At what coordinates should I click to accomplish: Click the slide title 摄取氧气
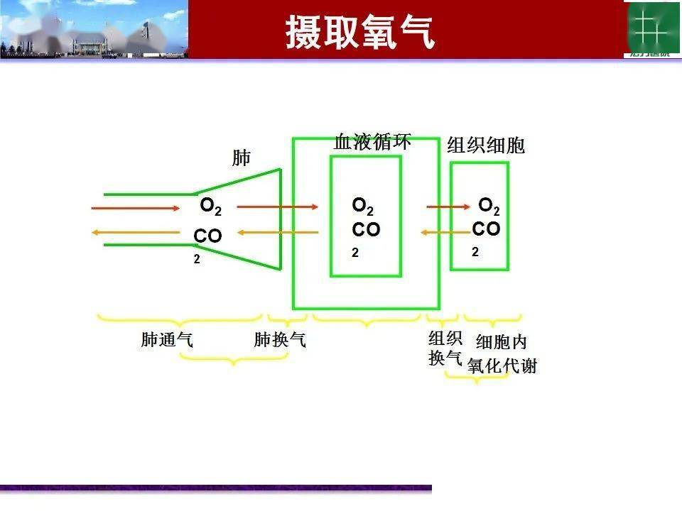[360, 32]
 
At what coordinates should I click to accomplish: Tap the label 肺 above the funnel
[242, 157]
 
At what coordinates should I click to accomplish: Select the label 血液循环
[372, 141]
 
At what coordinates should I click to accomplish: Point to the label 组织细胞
[486, 145]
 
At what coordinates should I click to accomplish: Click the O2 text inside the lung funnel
[210, 207]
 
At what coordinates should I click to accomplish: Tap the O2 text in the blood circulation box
[362, 207]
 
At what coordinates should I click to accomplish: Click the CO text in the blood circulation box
[366, 230]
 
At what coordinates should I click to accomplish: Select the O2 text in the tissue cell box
[489, 207]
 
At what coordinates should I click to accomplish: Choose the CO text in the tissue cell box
[486, 229]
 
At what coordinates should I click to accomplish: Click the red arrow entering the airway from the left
[136, 208]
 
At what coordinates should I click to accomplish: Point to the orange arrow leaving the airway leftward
[136, 233]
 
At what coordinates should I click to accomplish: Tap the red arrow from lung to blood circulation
[278, 207]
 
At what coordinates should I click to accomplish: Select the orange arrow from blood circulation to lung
[278, 232]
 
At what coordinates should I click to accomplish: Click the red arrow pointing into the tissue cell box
[448, 207]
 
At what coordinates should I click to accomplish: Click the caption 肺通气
[167, 340]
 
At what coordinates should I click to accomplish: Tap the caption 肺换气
[280, 340]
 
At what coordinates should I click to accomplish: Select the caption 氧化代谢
[502, 366]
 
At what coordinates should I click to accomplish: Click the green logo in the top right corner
[651, 28]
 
